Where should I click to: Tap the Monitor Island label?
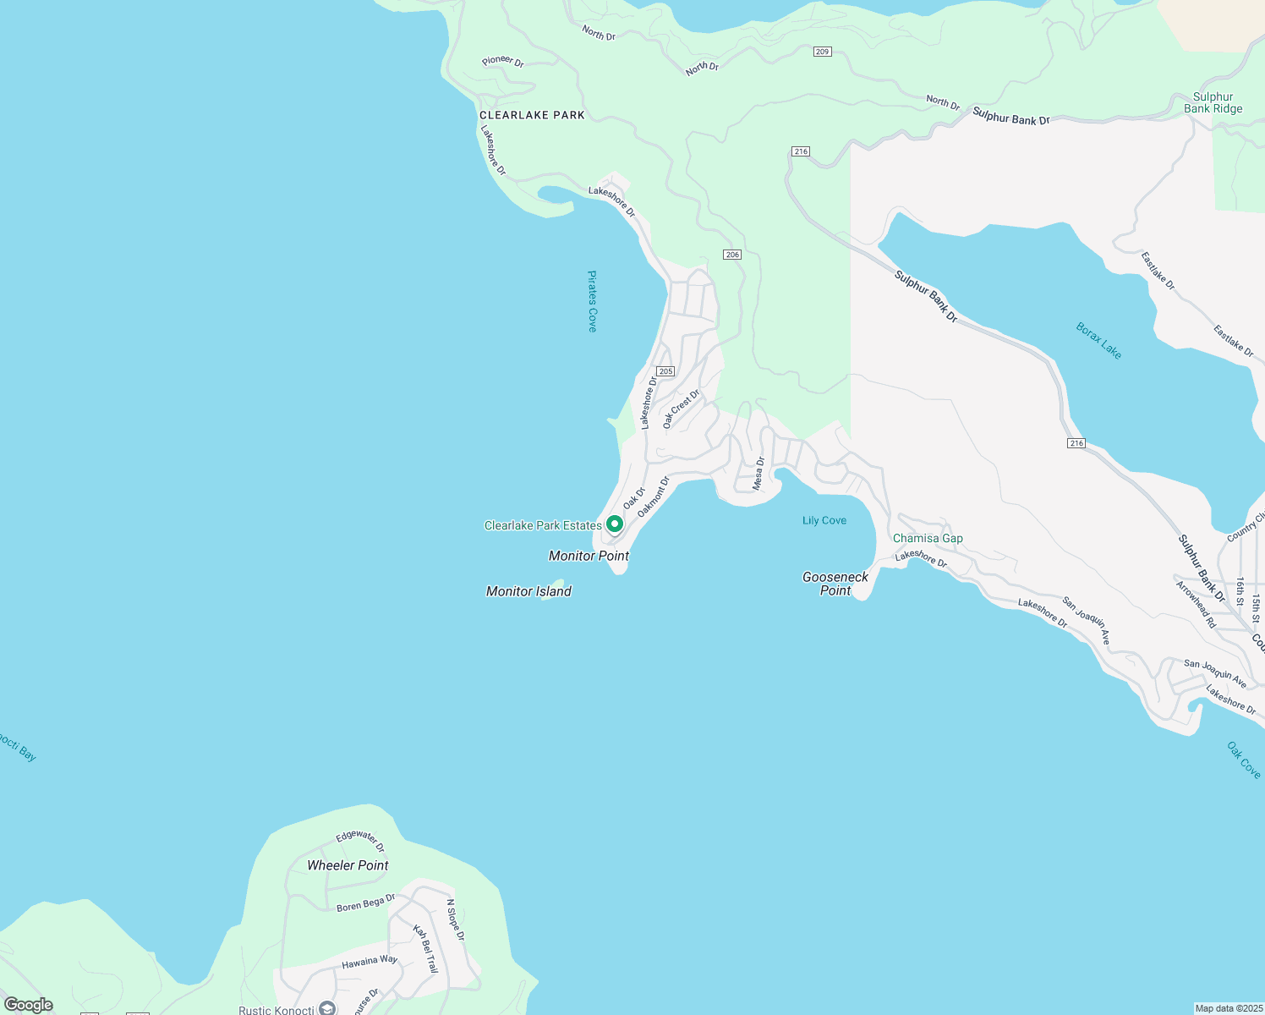[x=528, y=591]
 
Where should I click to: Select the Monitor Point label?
[x=589, y=556]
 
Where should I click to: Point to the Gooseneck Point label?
[x=835, y=584]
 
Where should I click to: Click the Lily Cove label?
[x=824, y=520]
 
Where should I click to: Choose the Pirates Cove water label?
[x=592, y=301]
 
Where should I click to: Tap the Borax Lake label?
[x=1098, y=341]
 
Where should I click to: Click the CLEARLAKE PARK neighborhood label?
[x=532, y=115]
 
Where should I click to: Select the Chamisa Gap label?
[x=928, y=538]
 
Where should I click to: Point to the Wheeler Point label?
[x=348, y=865]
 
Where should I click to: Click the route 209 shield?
[x=823, y=52]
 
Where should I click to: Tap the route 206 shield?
[x=732, y=255]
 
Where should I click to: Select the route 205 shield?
[x=665, y=371]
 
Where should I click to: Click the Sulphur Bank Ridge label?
[x=1213, y=102]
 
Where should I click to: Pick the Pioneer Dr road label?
[x=503, y=61]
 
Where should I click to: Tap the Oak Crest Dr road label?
[x=682, y=409]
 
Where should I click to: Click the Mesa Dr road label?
[x=758, y=474]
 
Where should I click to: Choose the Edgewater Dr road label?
[x=360, y=839]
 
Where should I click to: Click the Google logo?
[x=28, y=1005]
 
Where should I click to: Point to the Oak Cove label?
[x=1243, y=760]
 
